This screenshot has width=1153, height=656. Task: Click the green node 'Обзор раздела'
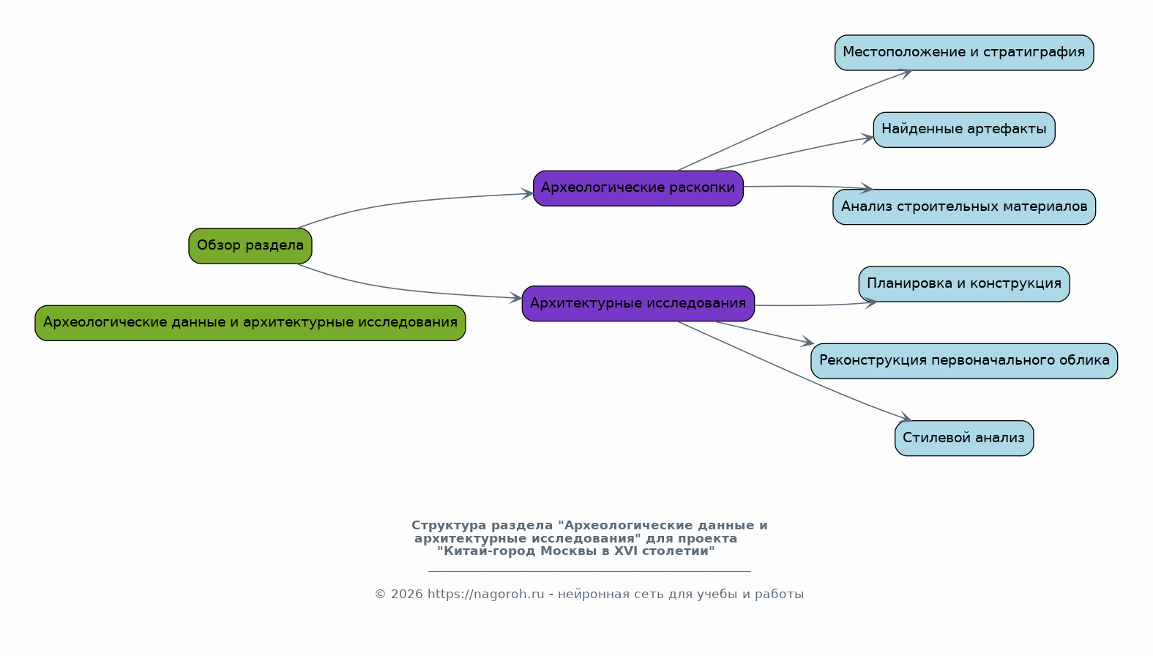(250, 246)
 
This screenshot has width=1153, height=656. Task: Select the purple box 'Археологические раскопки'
(638, 188)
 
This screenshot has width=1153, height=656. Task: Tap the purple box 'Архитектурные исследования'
(638, 304)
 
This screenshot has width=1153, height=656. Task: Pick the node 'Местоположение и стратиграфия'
(964, 53)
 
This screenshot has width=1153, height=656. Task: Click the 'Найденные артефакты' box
(964, 130)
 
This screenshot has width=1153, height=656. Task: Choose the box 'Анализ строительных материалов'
(964, 207)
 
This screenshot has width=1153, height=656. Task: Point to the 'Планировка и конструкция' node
(964, 284)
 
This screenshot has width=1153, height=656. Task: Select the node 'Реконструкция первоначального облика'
(964, 362)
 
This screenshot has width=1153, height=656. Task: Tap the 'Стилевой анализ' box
(964, 439)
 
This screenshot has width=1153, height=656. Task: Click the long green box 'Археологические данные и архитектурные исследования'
(250, 324)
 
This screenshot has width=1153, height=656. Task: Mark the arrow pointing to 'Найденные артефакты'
(793, 152)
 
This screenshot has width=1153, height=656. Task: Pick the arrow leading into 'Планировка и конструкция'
(816, 305)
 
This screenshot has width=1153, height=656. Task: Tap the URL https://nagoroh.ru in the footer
(485, 594)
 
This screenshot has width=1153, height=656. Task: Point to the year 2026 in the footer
(406, 594)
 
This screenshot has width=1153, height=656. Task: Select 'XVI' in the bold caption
(625, 551)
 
